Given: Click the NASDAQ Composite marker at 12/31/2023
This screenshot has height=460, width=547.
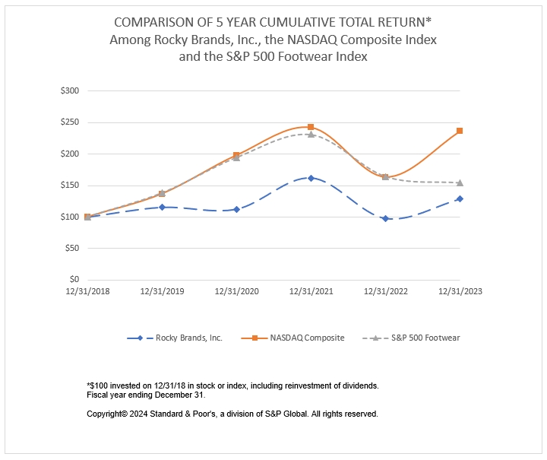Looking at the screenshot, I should [460, 131].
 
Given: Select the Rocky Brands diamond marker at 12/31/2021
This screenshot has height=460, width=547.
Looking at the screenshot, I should [311, 178].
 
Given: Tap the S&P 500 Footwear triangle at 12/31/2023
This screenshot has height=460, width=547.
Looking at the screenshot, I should [460, 182].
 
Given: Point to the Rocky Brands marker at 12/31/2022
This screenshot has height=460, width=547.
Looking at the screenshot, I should [385, 218].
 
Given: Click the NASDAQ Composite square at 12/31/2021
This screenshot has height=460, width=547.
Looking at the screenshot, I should [311, 127].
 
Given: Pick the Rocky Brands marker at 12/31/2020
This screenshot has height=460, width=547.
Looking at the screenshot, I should [236, 209].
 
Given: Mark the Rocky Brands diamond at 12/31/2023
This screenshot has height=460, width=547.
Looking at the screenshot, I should [460, 198].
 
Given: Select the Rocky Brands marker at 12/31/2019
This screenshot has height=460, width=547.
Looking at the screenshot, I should [162, 207].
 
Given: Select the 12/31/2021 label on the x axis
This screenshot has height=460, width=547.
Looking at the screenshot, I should [311, 290].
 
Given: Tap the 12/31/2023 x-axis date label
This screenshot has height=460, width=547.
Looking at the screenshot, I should [460, 290].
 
